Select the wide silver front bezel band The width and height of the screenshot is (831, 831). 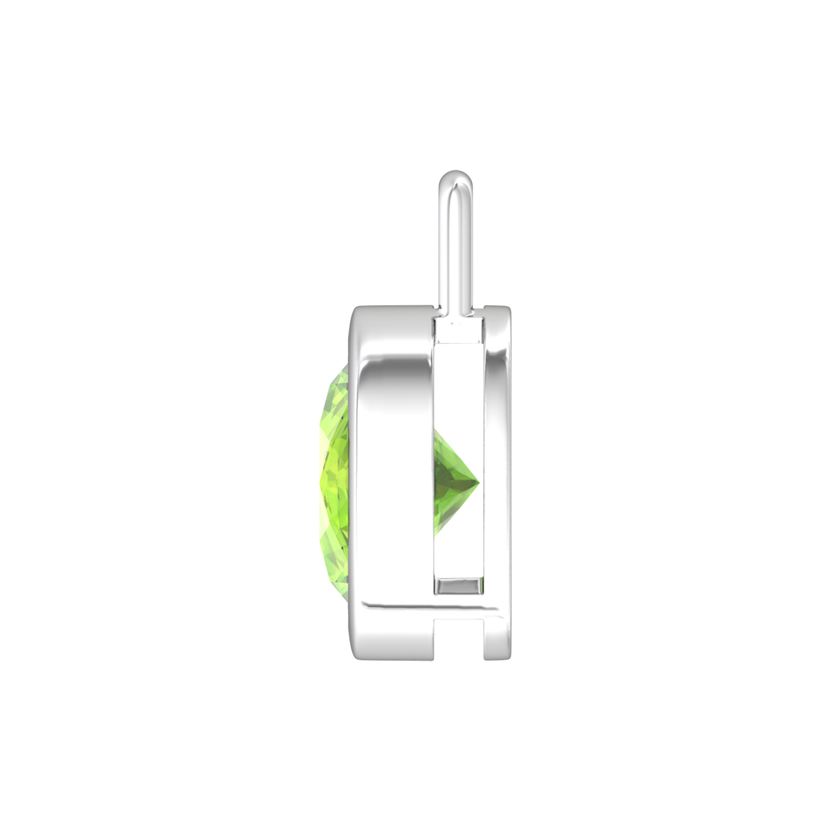[x=391, y=460]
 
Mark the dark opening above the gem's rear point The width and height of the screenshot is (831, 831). [x=460, y=391]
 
